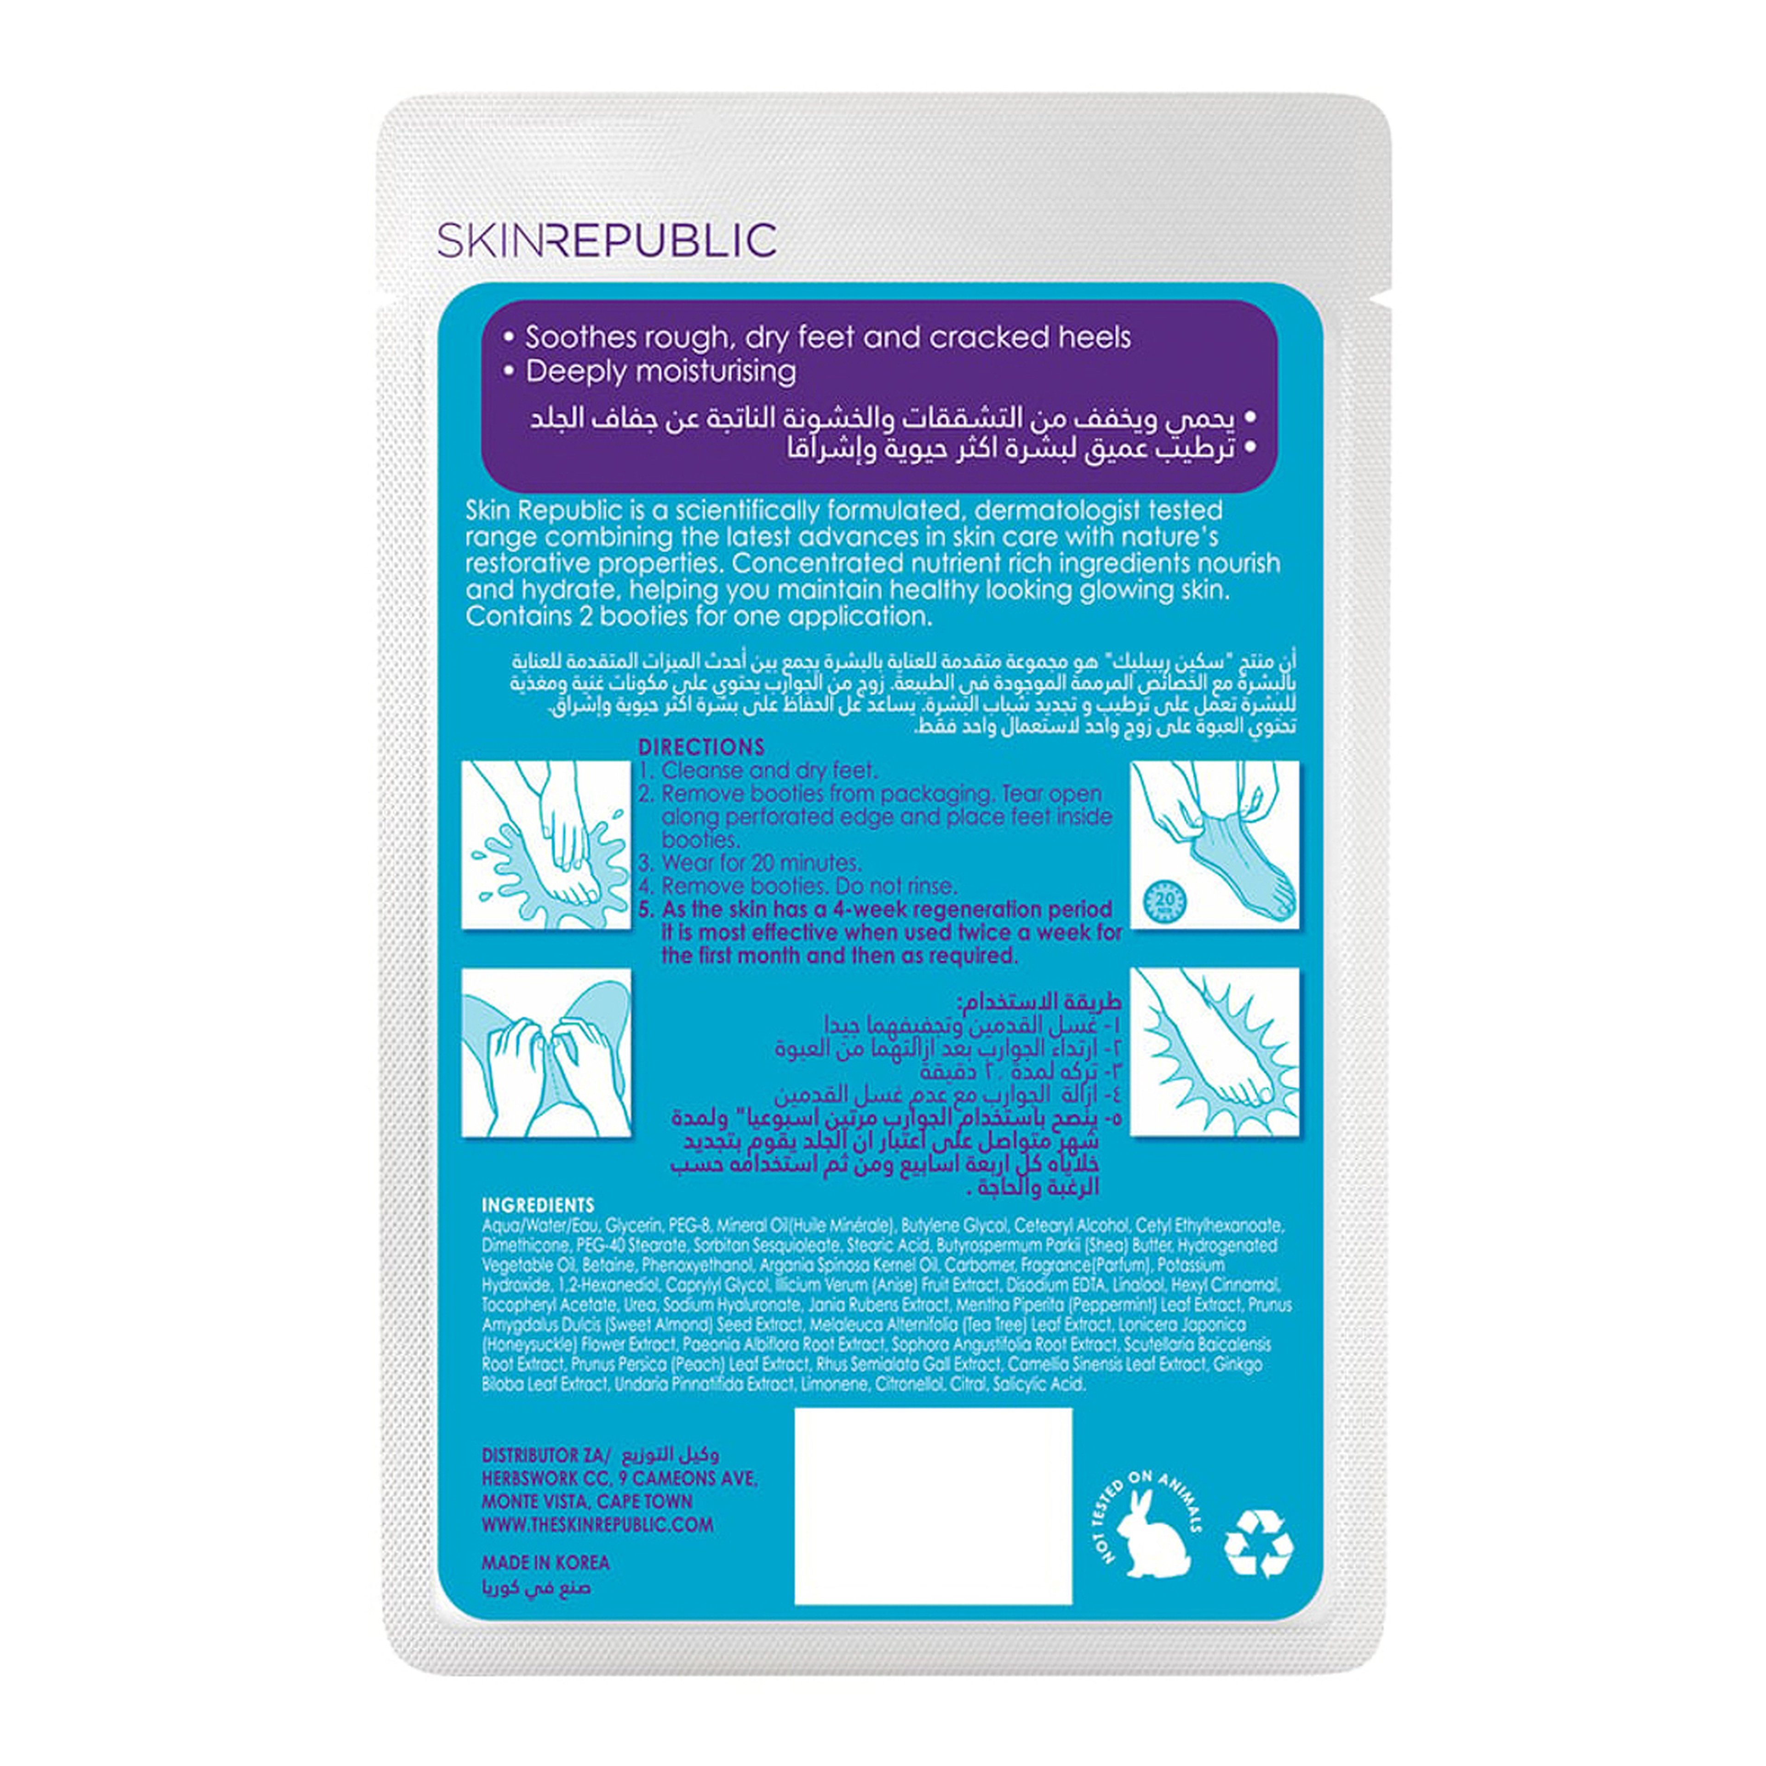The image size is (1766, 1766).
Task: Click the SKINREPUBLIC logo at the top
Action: (x=607, y=240)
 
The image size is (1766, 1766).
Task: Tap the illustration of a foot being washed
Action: (x=546, y=845)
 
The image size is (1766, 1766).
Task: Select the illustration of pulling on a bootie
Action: (x=1214, y=845)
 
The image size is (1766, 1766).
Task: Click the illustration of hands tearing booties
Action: (x=546, y=1052)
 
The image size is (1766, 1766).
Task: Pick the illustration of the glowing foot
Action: (x=1214, y=1052)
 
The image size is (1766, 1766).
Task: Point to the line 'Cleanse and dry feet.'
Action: (x=768, y=771)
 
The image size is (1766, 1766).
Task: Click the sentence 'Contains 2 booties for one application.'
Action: (x=699, y=616)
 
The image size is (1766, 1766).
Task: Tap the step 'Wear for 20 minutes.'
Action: (x=761, y=863)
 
